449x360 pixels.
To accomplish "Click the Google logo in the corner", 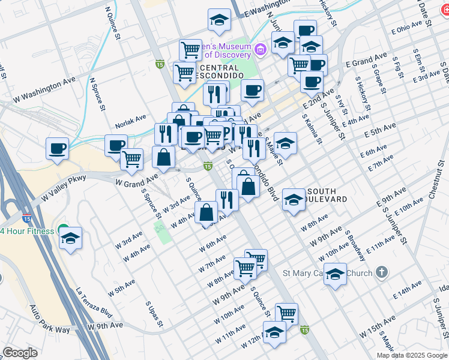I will (20, 353).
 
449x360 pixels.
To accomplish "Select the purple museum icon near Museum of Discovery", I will (261, 49).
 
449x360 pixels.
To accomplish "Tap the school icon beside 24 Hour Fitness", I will (70, 238).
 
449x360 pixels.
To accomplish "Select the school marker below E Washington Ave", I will (220, 20).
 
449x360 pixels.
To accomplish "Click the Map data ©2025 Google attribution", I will (412, 355).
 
